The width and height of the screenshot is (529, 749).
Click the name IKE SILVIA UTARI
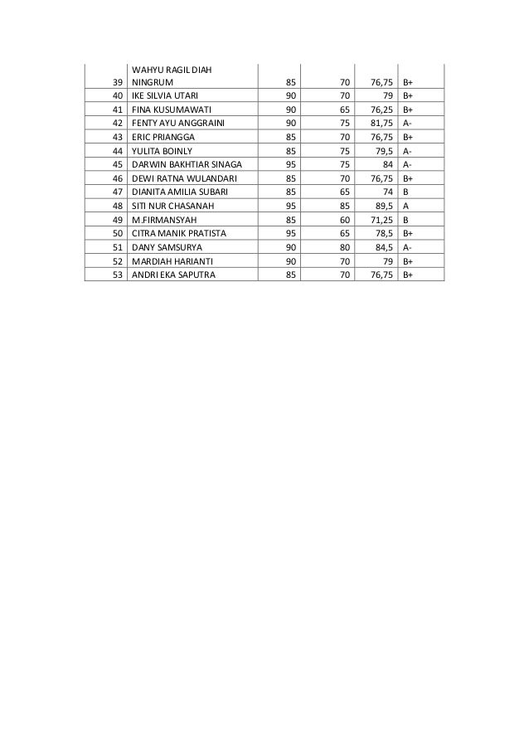tap(164, 95)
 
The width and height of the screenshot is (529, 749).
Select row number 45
tap(117, 164)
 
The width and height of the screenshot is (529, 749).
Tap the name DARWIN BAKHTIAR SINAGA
tap(186, 164)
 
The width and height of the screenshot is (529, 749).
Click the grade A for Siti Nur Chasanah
tap(406, 206)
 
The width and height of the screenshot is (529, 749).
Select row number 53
tap(117, 275)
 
